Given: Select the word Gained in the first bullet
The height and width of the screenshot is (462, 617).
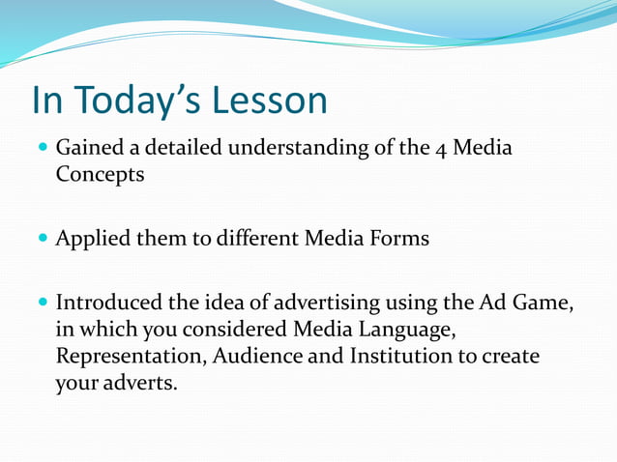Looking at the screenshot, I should click(x=90, y=149).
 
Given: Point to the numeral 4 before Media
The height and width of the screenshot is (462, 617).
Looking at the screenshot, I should click(x=437, y=149).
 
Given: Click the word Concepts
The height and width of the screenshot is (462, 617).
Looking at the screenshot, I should click(x=101, y=177).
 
